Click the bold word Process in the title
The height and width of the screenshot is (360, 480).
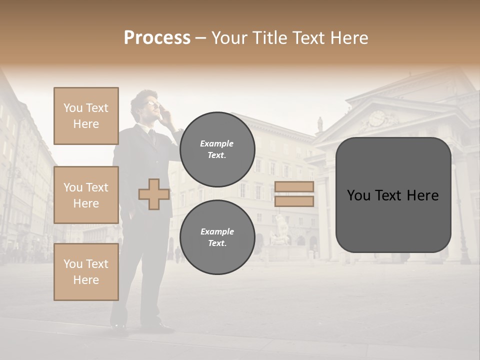[157, 38]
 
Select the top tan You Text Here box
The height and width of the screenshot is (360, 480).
[86, 116]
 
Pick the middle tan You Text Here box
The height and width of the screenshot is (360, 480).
[86, 195]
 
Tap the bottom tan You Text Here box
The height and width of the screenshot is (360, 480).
[86, 271]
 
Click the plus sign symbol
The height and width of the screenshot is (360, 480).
[154, 194]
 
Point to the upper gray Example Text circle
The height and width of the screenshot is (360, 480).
[217, 149]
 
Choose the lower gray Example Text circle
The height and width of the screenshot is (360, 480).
[217, 237]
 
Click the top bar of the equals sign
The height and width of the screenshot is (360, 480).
[294, 187]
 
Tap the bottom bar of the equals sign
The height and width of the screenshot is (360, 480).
[294, 201]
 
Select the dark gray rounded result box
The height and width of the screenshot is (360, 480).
[393, 195]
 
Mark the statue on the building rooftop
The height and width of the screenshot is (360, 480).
[320, 123]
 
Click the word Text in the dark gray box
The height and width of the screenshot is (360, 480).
[393, 195]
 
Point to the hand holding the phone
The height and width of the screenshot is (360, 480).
[169, 116]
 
